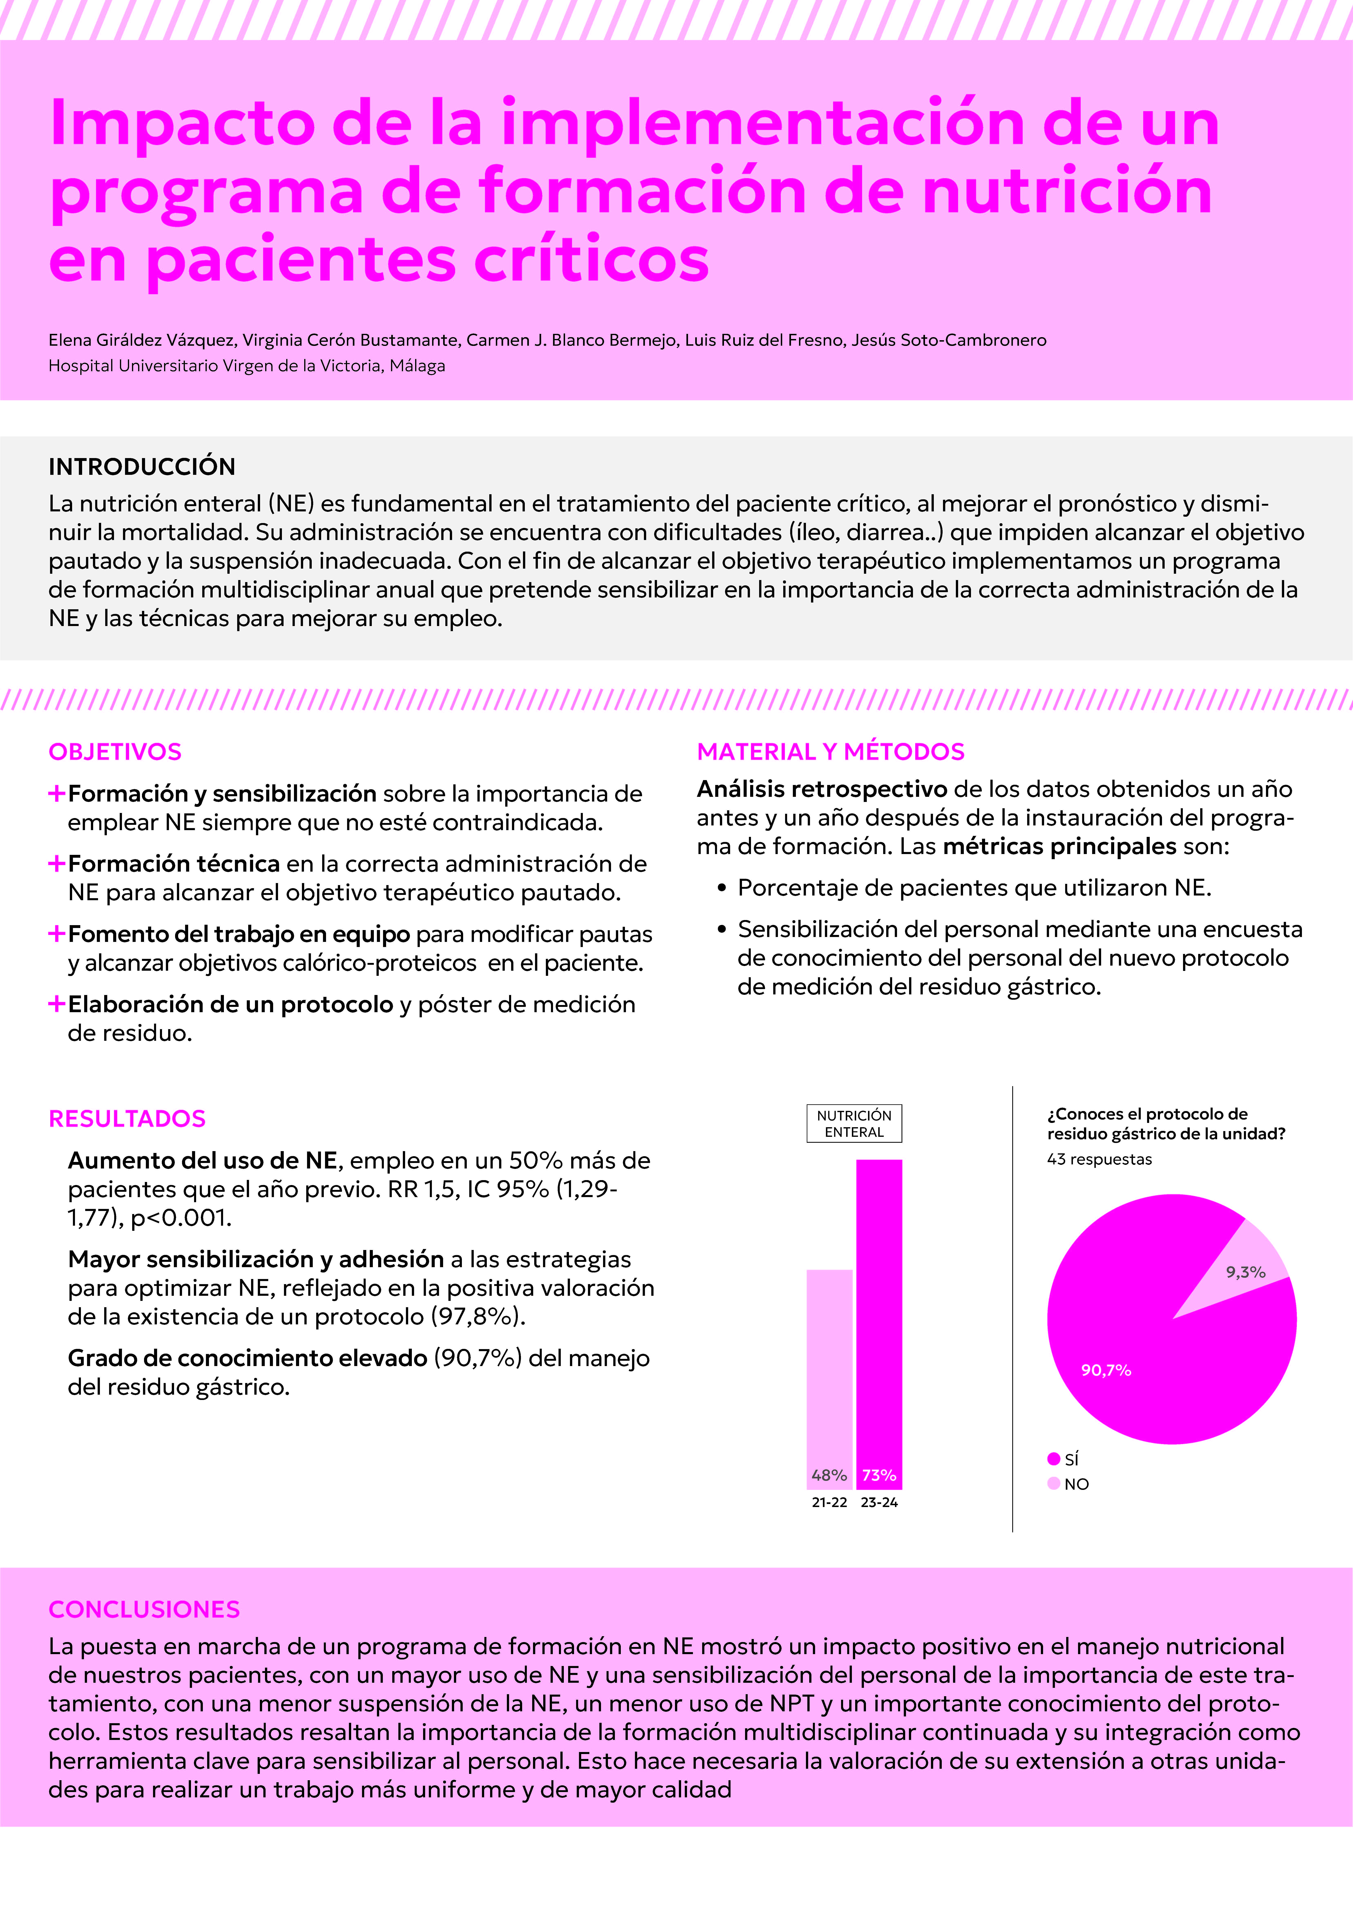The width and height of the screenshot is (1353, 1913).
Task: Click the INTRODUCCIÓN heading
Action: (x=142, y=467)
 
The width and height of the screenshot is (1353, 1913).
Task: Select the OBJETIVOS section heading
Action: (x=115, y=751)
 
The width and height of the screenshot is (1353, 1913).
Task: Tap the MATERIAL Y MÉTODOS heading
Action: (x=831, y=751)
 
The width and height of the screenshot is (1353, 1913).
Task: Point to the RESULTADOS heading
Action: (x=127, y=1118)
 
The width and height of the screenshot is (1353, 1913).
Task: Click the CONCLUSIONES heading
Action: (x=144, y=1609)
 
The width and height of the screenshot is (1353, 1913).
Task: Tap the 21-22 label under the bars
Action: (x=829, y=1502)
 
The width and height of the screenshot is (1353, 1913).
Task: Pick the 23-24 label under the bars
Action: (x=879, y=1502)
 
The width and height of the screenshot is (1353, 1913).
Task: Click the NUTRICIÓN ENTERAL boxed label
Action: (x=854, y=1123)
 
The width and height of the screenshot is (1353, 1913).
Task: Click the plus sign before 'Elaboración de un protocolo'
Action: (x=57, y=1004)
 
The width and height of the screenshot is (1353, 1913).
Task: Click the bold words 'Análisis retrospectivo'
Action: (x=821, y=789)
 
